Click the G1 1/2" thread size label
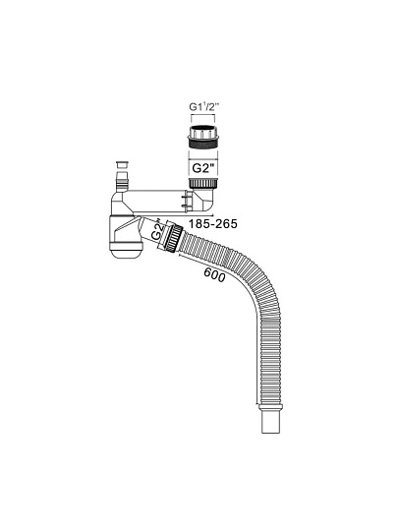pos(204,107)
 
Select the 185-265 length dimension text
pos(213,224)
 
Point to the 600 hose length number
pos(214,274)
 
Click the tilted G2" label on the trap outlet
pos(158,230)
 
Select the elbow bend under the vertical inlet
pos(205,201)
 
